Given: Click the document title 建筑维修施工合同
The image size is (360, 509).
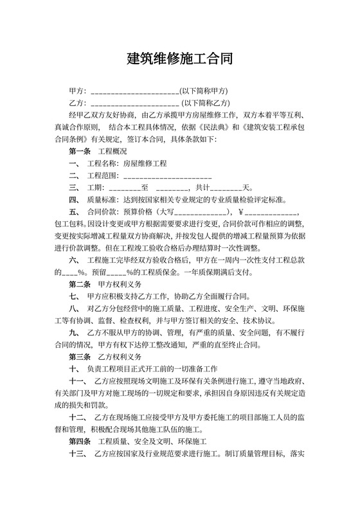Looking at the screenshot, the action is [179, 58].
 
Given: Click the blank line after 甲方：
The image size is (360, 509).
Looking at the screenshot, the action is [135, 91].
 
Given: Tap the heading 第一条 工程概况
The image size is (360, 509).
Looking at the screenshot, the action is [98, 151].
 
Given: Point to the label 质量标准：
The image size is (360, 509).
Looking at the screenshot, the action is [103, 199].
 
